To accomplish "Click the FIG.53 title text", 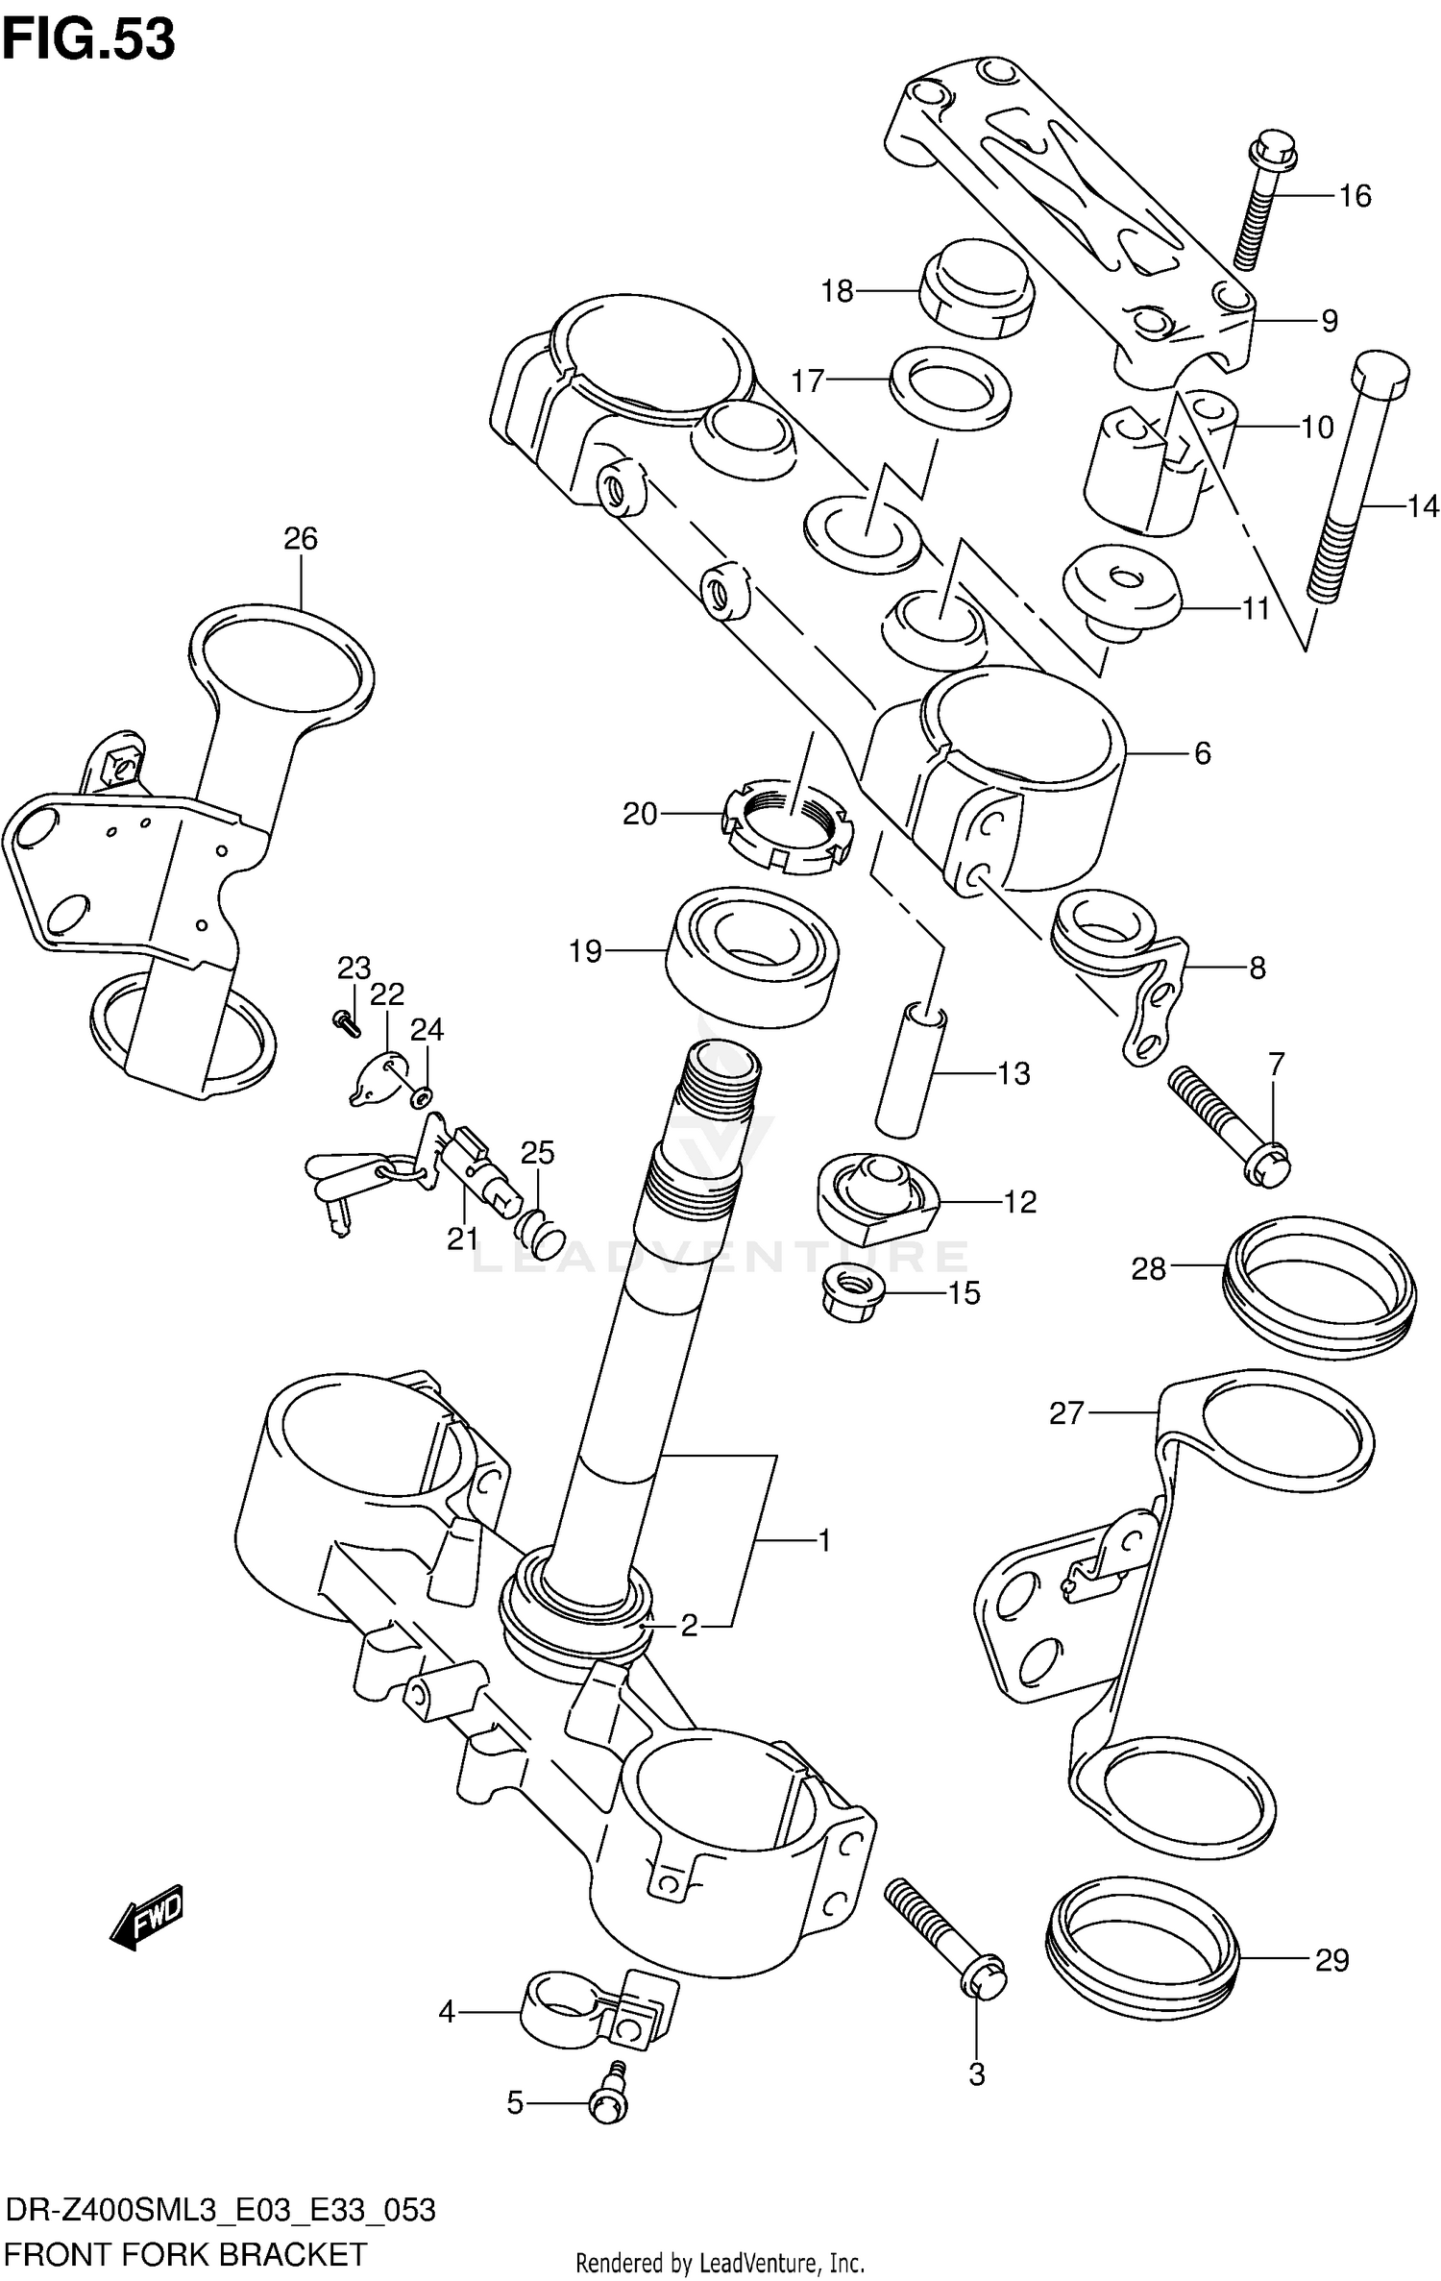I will coord(88,40).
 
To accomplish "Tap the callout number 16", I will coord(1355,196).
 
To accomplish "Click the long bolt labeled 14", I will coord(1362,480).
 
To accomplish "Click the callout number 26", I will coord(301,539).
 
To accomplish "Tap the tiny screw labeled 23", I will coord(346,1024).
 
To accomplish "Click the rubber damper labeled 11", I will coord(1119,588).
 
